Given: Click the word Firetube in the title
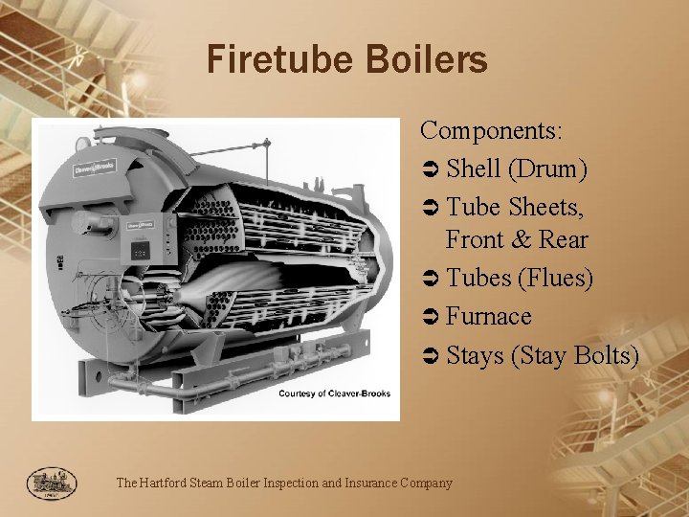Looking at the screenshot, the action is pyautogui.click(x=269, y=60).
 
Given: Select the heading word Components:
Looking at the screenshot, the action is pyautogui.click(x=492, y=129).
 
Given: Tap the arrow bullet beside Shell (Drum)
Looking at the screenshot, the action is pyautogui.click(x=430, y=169).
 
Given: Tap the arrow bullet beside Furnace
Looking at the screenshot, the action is pyautogui.click(x=430, y=317).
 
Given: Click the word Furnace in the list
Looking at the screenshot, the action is pyautogui.click(x=489, y=316).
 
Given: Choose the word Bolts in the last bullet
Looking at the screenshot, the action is pyautogui.click(x=608, y=355).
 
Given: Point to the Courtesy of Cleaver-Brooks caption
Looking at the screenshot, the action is pyautogui.click(x=334, y=393).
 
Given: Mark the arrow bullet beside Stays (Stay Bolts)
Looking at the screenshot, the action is pyautogui.click(x=430, y=356).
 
